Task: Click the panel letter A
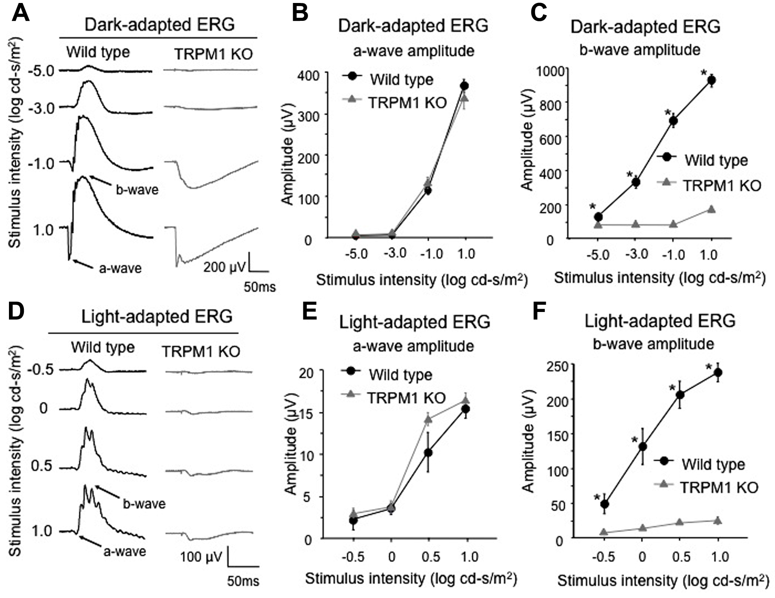click(x=20, y=13)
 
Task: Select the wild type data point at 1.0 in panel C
click(x=711, y=80)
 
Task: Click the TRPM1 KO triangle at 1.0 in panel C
click(x=711, y=209)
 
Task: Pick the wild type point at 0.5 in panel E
click(x=428, y=453)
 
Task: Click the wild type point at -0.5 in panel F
click(x=604, y=504)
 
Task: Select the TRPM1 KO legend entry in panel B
click(x=407, y=103)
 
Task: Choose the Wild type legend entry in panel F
click(x=713, y=464)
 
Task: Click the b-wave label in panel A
click(x=137, y=189)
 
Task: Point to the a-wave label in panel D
click(x=124, y=551)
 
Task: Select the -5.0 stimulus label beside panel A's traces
click(x=41, y=70)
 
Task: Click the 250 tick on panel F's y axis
click(x=553, y=366)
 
